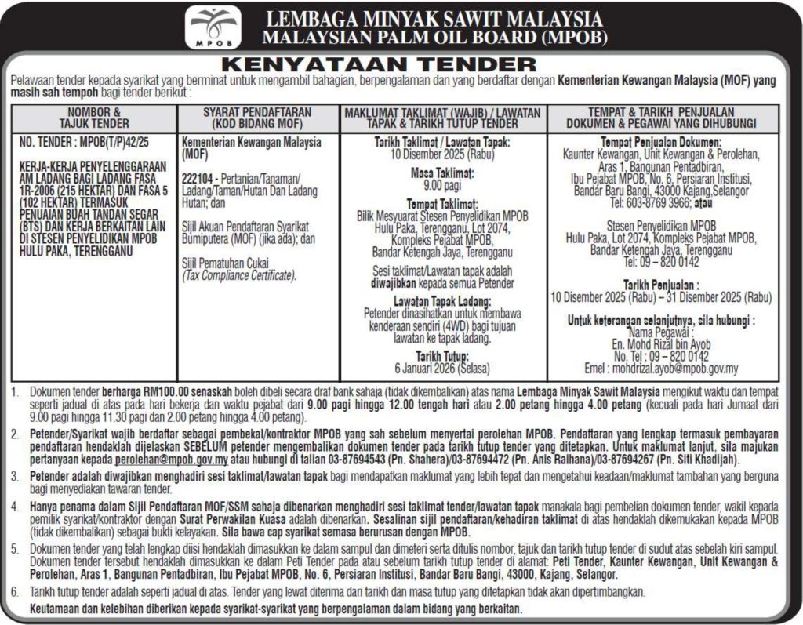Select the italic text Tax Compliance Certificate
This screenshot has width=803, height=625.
point(238,276)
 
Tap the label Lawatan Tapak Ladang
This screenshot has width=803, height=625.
point(441,302)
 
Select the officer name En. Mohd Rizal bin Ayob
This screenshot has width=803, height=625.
point(663,343)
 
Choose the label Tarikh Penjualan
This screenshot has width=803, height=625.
point(661,286)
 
